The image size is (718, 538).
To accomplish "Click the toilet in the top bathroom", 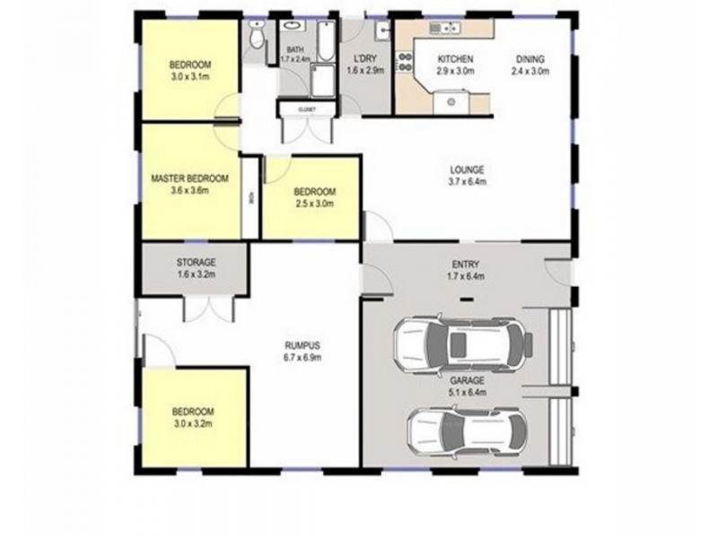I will [x=258, y=37].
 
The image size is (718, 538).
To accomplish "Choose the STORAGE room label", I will [x=195, y=266].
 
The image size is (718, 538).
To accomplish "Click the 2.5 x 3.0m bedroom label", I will [x=314, y=197].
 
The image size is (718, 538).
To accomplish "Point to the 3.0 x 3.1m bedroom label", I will [x=189, y=71].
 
